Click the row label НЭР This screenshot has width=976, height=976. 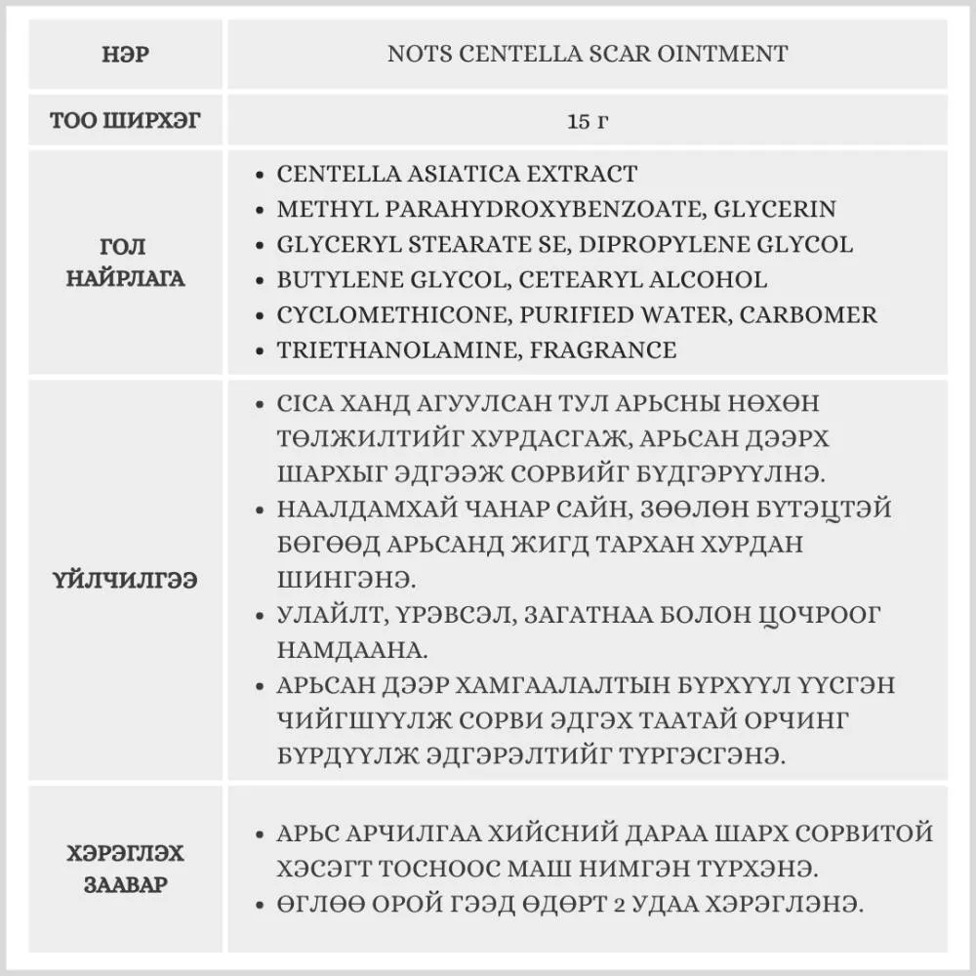127,55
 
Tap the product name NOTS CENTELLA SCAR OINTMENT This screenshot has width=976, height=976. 588,54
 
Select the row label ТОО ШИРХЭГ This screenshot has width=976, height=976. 127,122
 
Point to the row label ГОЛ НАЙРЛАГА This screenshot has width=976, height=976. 127,263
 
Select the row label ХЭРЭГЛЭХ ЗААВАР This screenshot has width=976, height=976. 127,870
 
